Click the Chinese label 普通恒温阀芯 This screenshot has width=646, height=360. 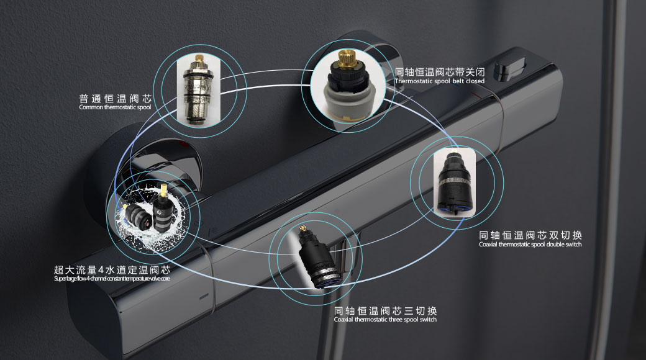116,99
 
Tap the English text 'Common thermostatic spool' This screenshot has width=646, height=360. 115,107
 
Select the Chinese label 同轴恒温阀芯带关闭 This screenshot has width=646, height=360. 440,72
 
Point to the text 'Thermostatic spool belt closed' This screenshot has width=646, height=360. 440,81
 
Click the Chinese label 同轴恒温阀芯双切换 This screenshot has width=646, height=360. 530,235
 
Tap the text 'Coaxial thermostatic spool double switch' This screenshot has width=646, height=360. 530,245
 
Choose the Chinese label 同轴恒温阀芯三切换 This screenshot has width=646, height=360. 385,310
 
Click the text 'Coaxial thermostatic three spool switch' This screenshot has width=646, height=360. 385,320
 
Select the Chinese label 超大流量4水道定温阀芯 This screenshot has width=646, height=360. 112,270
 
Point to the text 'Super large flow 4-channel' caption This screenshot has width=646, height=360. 112,279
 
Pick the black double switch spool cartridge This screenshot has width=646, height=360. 455,182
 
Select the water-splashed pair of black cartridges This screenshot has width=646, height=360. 152,215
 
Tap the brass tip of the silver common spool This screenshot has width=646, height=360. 199,58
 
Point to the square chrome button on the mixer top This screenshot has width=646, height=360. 509,69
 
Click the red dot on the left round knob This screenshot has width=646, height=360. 184,145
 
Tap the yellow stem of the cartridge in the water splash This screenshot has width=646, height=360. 165,191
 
